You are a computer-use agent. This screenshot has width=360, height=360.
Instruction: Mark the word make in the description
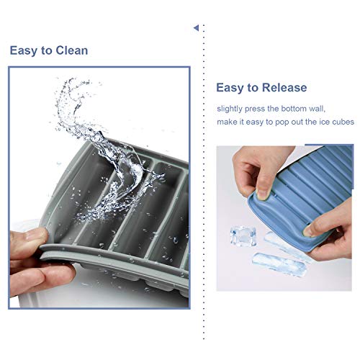tap(229, 122)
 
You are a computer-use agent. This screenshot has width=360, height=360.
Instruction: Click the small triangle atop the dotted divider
tap(196, 28)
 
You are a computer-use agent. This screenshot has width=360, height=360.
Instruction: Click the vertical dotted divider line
tap(203, 180)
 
